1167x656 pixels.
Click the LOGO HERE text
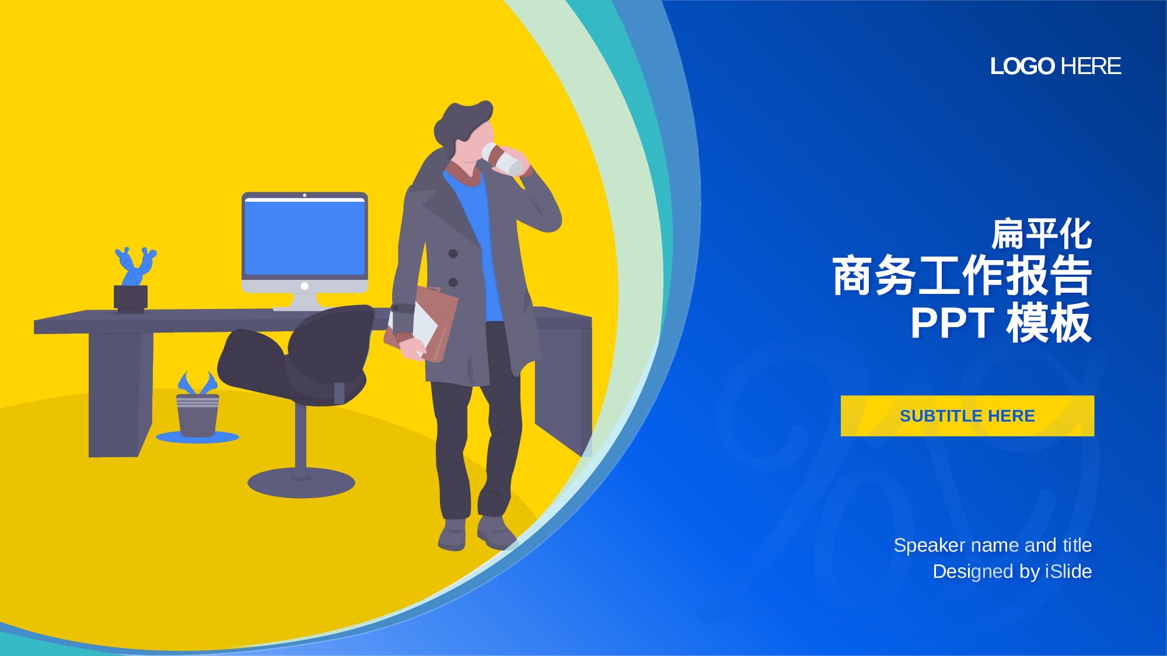tap(1056, 66)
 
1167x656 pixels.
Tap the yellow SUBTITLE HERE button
tap(967, 416)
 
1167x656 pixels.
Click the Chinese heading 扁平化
tap(1042, 234)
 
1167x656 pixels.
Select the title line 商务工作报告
tap(962, 275)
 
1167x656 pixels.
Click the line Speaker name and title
tap(993, 545)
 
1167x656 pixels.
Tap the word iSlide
tap(1068, 571)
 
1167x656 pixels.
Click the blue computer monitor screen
tap(305, 237)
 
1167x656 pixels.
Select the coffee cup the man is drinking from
tap(502, 159)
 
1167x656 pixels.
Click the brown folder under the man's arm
tap(421, 324)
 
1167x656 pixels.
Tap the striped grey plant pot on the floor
tap(198, 415)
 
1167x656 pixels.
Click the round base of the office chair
tap(301, 482)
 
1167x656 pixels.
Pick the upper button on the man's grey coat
tap(453, 254)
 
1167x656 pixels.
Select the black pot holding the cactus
tap(131, 298)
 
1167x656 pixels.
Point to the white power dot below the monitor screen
tap(305, 286)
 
